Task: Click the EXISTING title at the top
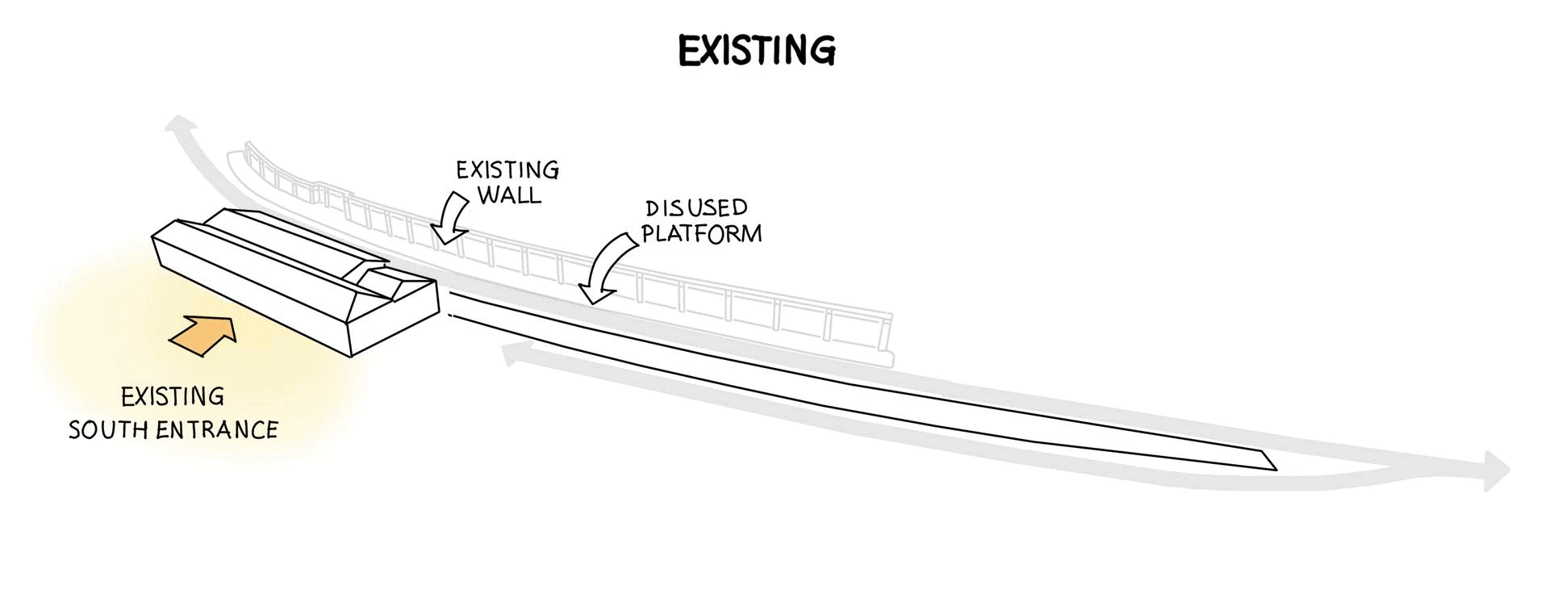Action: (757, 50)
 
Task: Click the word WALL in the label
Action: (510, 195)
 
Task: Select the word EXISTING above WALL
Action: (507, 170)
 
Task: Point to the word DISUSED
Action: (697, 208)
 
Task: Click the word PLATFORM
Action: (702, 233)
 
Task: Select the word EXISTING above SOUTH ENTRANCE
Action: (173, 397)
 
